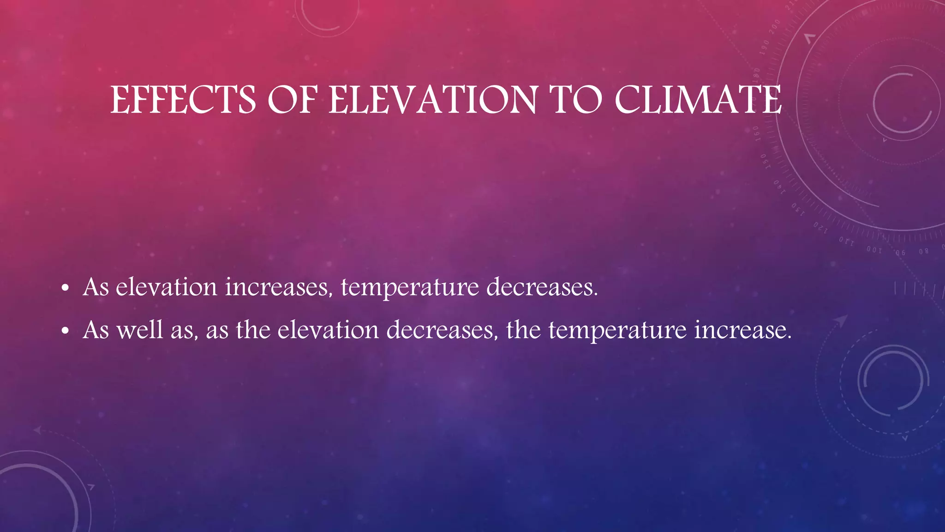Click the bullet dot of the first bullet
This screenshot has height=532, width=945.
[x=65, y=289]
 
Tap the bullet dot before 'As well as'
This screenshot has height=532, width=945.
[x=65, y=331]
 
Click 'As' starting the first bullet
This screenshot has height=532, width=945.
[x=96, y=287]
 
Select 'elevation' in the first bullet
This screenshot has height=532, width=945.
[x=166, y=287]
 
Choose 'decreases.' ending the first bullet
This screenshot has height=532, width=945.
[x=542, y=287]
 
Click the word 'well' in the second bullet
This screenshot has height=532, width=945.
[x=140, y=330]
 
